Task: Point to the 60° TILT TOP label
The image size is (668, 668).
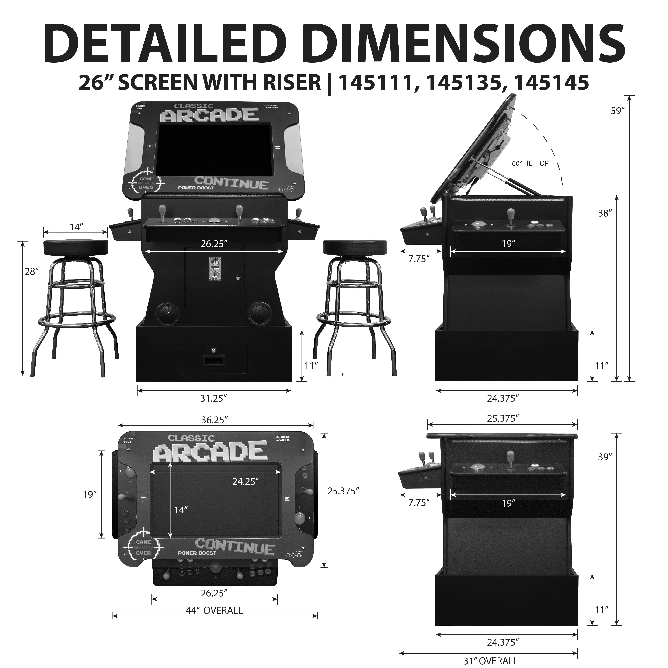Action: (x=530, y=163)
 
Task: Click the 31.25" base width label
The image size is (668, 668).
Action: (x=213, y=398)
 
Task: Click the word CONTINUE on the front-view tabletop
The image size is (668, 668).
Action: (x=231, y=183)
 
